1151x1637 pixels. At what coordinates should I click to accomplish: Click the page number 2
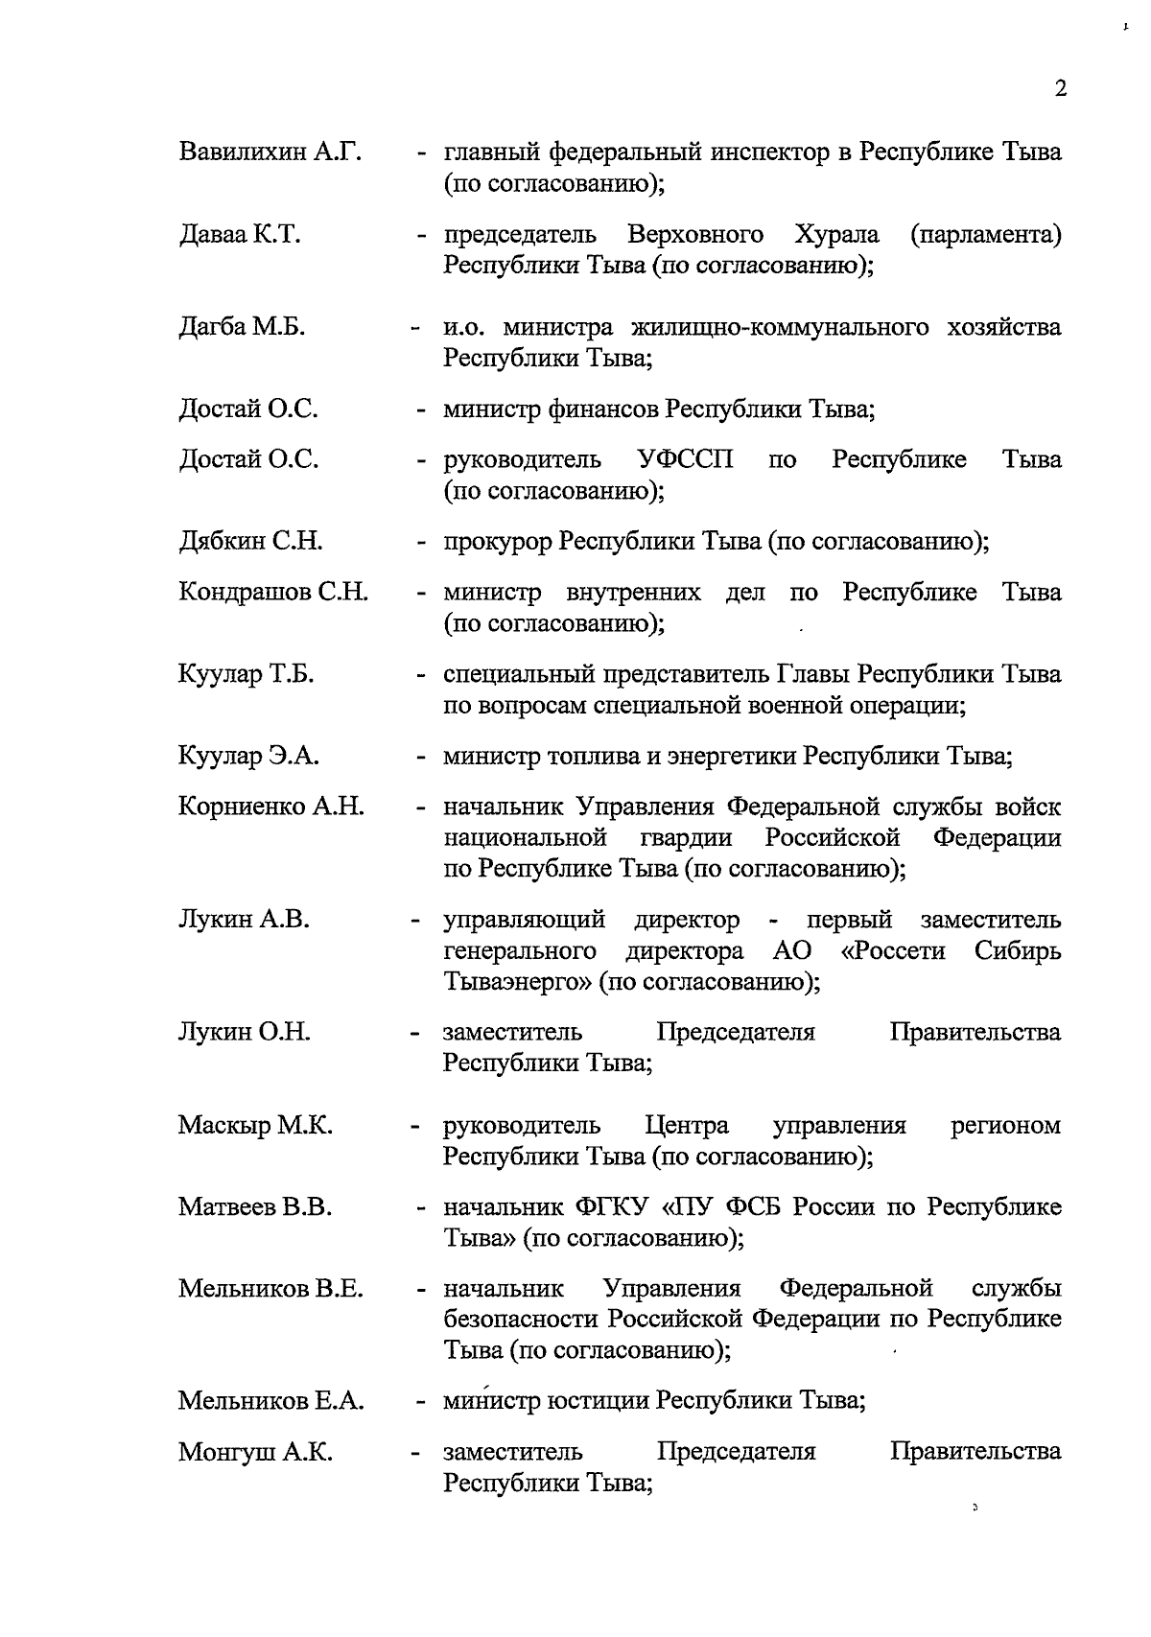point(1060,89)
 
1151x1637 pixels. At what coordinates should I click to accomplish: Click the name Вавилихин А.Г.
point(270,152)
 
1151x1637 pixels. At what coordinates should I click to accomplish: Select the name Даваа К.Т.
point(240,234)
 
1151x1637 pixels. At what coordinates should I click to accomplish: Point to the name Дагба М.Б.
point(242,327)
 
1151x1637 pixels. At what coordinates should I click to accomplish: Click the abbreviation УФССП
point(686,459)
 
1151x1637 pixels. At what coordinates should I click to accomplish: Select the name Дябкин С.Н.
point(250,542)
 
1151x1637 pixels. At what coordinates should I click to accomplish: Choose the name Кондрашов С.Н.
point(273,592)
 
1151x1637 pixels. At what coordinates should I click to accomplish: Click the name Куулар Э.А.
point(248,757)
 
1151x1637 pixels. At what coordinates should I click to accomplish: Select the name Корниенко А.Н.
point(271,807)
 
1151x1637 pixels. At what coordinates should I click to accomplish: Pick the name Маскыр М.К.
point(255,1125)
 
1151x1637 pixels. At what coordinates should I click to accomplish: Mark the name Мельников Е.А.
point(270,1401)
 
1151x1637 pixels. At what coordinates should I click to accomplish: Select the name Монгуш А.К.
point(255,1452)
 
